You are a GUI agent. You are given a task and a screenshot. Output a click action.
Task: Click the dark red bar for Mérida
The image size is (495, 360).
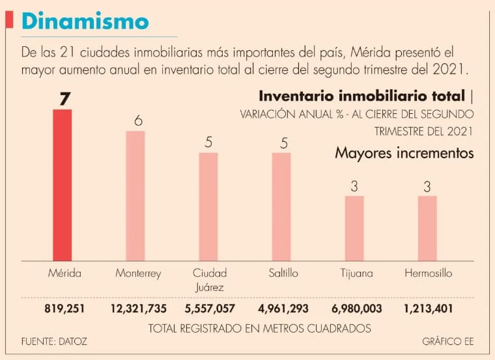[x=62, y=185]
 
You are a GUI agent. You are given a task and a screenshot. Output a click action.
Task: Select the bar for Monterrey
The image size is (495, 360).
[x=135, y=195]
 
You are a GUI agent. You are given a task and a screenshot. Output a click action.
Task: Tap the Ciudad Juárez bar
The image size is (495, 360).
[x=208, y=206]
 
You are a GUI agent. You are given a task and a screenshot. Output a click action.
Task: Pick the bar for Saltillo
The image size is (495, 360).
[x=281, y=206]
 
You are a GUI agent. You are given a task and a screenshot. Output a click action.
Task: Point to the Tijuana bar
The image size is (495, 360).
[x=354, y=228]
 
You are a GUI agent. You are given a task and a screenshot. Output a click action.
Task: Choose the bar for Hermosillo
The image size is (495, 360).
[x=427, y=228]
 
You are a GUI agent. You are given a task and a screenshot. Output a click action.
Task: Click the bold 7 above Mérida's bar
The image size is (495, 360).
[x=64, y=98]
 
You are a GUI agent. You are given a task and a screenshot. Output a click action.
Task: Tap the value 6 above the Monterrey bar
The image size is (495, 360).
[x=137, y=121]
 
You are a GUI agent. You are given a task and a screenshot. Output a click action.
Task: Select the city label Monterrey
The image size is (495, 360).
[x=137, y=273]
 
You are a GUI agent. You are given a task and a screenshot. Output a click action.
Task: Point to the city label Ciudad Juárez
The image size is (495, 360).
[x=210, y=279]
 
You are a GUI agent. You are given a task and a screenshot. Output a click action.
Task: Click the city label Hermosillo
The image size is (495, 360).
[x=428, y=273]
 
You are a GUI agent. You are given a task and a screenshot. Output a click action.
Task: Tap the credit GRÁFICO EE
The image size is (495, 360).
[x=447, y=341]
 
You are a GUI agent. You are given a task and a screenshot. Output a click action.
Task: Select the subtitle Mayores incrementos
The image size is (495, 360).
[x=404, y=154]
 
